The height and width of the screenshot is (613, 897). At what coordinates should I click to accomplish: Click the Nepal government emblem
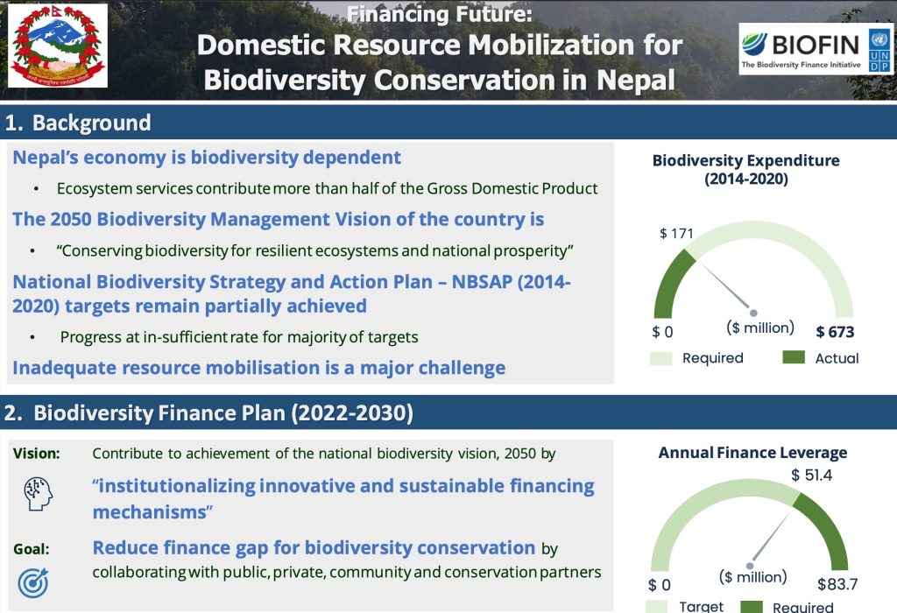click(x=57, y=46)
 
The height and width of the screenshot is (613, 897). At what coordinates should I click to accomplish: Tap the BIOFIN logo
click(x=801, y=49)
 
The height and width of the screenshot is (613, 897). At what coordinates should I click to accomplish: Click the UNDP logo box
click(x=879, y=50)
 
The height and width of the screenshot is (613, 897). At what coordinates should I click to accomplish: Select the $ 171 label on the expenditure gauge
click(x=676, y=233)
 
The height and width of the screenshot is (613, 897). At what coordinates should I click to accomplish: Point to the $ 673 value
click(x=835, y=332)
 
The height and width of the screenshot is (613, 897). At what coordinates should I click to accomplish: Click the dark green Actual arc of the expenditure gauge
click(x=670, y=283)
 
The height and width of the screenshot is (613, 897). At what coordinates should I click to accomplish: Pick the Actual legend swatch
click(x=794, y=357)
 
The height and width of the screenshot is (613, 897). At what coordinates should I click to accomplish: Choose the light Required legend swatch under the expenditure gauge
click(x=660, y=358)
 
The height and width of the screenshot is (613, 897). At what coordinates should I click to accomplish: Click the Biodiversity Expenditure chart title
click(x=746, y=169)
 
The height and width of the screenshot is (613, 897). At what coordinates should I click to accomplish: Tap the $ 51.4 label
click(x=811, y=476)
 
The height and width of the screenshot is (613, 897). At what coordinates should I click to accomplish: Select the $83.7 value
click(x=837, y=584)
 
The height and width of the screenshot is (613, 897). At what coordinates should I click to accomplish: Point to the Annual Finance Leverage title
click(x=752, y=453)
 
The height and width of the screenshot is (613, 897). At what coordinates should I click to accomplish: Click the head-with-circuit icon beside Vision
click(x=38, y=494)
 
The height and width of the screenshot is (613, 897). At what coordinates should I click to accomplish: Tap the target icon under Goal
click(x=33, y=582)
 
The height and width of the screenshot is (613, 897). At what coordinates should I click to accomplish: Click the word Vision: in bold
click(x=37, y=454)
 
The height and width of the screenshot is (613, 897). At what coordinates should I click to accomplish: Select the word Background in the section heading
click(x=91, y=123)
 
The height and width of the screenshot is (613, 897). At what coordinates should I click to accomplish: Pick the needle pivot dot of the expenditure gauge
click(x=753, y=313)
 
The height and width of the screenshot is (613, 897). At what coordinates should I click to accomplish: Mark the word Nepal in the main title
click(x=636, y=80)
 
